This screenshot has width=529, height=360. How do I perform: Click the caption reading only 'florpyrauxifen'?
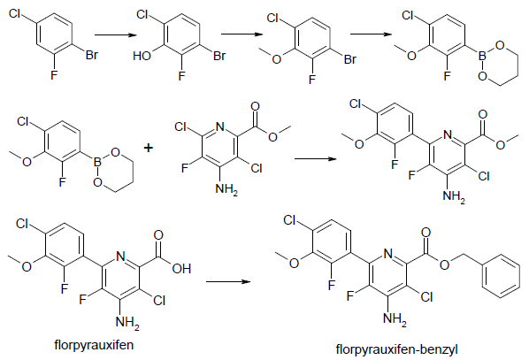tap(94, 345)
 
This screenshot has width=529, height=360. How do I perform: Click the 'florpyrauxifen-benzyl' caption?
tap(396, 349)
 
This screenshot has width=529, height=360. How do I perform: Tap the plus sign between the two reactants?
tap(148, 148)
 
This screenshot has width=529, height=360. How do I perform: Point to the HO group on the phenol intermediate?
tap(142, 56)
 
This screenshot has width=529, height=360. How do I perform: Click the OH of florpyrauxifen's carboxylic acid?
tap(181, 269)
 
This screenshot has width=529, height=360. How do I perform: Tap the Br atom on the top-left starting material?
tap(92, 55)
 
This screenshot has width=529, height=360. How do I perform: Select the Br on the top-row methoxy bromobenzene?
tap(350, 59)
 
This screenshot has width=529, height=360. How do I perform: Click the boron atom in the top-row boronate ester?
tap(482, 56)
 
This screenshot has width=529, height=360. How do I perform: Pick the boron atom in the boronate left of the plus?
tap(97, 162)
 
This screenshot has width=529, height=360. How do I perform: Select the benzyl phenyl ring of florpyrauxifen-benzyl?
tap(501, 278)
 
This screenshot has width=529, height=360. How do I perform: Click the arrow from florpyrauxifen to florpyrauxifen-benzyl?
tap(228, 281)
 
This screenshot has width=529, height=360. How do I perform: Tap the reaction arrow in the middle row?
tap(316, 158)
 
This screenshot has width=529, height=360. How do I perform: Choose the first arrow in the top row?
tap(116, 34)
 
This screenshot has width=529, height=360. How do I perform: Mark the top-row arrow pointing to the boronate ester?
tap(372, 34)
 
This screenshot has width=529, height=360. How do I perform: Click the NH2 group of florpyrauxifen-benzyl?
tap(395, 318)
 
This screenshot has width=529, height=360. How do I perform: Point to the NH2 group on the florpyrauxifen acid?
tap(127, 323)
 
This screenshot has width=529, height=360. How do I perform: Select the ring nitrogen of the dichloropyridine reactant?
tap(219, 126)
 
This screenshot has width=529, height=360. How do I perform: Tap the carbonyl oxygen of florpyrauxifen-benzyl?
tap(425, 232)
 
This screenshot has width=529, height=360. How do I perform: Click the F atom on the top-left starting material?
tap(54, 74)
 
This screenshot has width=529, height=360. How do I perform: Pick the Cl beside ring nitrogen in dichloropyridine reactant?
tap(180, 126)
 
